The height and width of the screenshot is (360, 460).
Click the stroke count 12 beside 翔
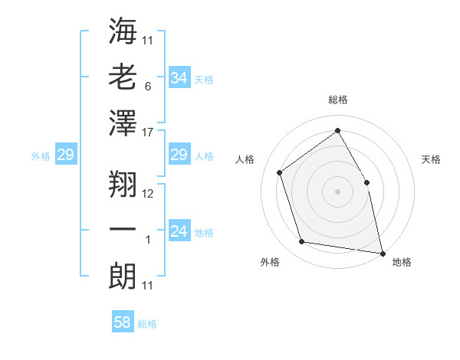click(x=148, y=194)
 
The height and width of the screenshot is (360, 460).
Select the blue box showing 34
click(x=179, y=78)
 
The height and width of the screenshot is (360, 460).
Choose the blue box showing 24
click(x=179, y=232)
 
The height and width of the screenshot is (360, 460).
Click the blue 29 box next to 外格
click(x=65, y=155)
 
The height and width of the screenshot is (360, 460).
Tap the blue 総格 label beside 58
click(x=147, y=324)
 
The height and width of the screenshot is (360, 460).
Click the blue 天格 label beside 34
click(x=204, y=79)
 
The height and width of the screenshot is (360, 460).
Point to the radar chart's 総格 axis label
click(x=338, y=100)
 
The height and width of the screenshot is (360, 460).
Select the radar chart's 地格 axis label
click(x=402, y=262)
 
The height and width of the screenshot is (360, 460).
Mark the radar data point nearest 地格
click(x=382, y=252)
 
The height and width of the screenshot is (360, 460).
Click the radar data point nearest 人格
click(x=279, y=172)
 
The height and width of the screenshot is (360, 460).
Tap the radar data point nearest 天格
click(x=366, y=182)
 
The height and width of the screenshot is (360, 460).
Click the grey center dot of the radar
click(x=338, y=191)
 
